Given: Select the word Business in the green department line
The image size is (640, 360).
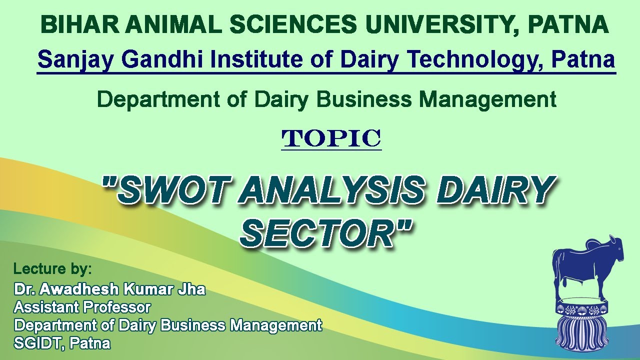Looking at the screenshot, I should pos(364,99).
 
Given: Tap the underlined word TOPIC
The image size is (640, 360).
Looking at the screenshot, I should pos(331,138).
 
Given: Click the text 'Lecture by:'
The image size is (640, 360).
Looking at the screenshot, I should pos(52,269).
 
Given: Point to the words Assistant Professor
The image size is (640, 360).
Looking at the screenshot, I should pos(82,306).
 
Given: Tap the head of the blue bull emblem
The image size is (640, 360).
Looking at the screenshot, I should pos(615,250).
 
